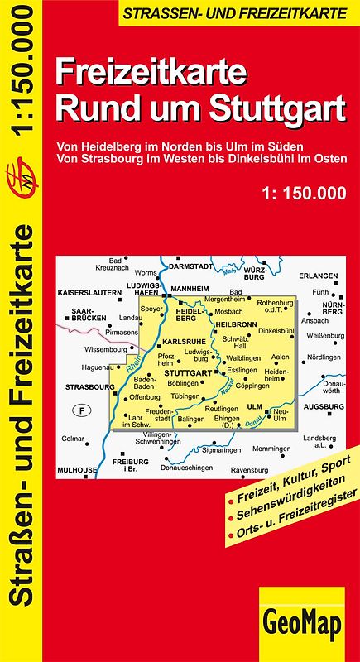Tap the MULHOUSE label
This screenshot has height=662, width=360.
pos(76,469)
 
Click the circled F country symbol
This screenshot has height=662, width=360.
pos(81,410)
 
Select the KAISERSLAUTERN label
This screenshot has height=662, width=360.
pos(89,294)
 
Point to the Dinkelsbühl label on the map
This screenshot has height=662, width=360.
pos(276,330)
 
